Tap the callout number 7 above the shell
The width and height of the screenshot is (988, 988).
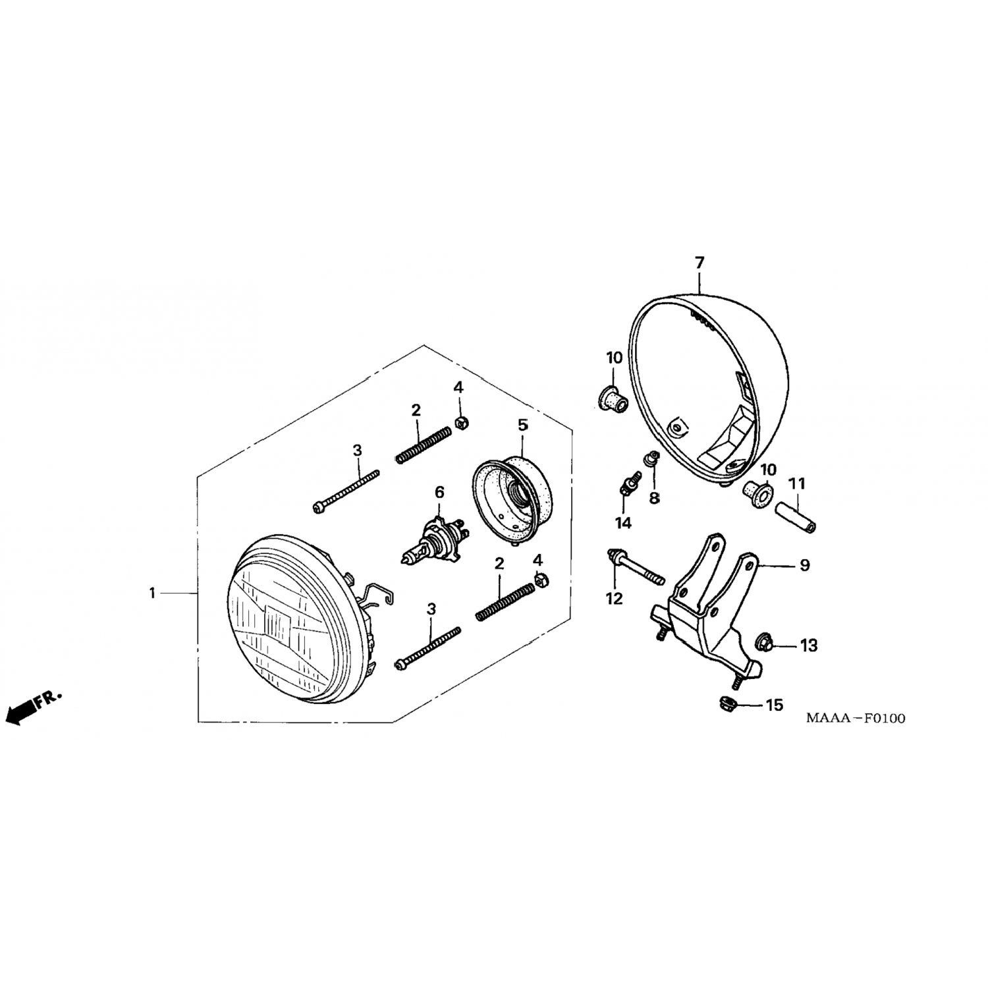tap(700, 263)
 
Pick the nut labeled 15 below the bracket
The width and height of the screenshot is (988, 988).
tap(728, 702)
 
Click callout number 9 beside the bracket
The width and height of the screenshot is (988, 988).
tap(804, 566)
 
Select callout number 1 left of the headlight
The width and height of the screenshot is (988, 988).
tap(152, 593)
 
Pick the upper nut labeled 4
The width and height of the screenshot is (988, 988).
tap(462, 422)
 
